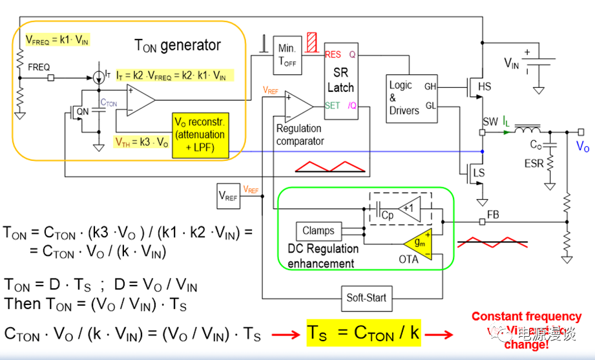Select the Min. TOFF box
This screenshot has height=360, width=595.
[x=286, y=55]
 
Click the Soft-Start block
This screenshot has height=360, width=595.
[x=366, y=298]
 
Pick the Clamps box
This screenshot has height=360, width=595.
[x=318, y=231]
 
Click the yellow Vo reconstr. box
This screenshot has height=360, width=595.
[x=200, y=136]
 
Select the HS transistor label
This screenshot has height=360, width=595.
[x=485, y=86]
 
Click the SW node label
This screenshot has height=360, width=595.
[x=490, y=121]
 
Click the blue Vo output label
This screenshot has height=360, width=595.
[x=583, y=147]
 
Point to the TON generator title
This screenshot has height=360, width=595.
[x=178, y=45]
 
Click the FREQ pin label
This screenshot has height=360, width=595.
[x=39, y=67]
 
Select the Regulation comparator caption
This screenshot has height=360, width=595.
[x=300, y=134]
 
